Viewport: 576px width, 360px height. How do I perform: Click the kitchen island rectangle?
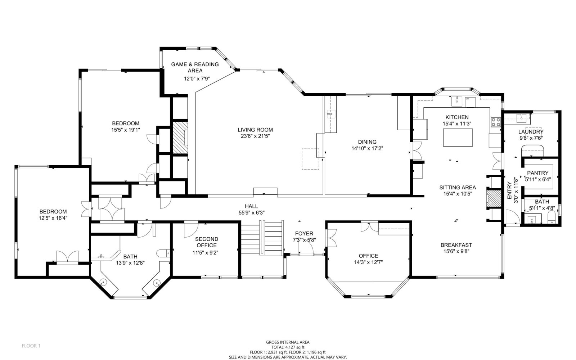(458, 138)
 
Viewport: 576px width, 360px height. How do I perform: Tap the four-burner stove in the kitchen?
(496, 122)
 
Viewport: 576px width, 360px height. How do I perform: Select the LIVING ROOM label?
(255, 130)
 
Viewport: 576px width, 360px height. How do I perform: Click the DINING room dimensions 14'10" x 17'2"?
(367, 148)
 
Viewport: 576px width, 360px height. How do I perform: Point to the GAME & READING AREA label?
(195, 67)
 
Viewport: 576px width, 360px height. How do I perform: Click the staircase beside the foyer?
(262, 238)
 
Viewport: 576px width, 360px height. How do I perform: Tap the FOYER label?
(304, 234)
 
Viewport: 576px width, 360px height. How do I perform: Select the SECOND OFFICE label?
(207, 242)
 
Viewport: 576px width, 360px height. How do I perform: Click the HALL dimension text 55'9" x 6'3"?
(252, 213)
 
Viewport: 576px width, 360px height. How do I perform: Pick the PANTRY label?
(538, 173)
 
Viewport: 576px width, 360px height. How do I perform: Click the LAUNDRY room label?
(531, 132)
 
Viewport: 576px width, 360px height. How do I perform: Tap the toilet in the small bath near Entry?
(551, 217)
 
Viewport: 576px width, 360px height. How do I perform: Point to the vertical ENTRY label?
(509, 190)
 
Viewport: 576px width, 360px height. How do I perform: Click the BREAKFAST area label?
(456, 245)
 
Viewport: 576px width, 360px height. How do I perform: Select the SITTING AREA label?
(458, 188)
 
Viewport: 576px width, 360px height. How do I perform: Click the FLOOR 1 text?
(31, 346)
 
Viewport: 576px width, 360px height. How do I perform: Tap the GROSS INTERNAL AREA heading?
(288, 342)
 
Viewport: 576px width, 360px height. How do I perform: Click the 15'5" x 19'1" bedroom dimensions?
(126, 130)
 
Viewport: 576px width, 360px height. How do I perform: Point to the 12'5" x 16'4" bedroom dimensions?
(53, 218)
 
